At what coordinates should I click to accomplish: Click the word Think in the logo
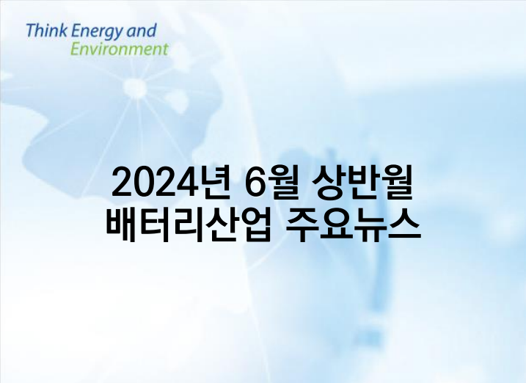(47, 31)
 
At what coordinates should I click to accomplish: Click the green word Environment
(119, 49)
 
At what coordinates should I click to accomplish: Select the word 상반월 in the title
(362, 183)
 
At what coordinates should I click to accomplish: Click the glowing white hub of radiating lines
(135, 87)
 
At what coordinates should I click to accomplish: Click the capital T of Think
(32, 31)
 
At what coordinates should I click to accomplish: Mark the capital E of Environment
(76, 49)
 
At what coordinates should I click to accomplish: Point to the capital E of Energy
(76, 31)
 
